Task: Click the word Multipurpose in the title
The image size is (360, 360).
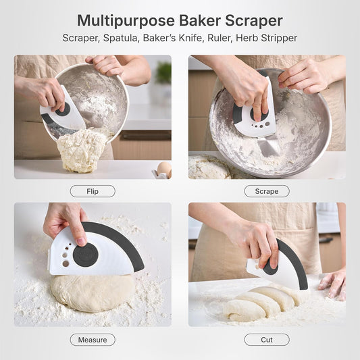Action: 122,21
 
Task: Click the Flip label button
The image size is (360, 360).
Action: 93,191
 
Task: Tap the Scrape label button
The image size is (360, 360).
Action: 267,191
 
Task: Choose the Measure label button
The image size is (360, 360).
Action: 93,340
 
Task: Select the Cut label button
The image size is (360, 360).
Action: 267,340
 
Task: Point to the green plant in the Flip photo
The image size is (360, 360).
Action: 163,72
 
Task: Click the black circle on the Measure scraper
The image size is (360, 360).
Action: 86,255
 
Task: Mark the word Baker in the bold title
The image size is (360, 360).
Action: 195,21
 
